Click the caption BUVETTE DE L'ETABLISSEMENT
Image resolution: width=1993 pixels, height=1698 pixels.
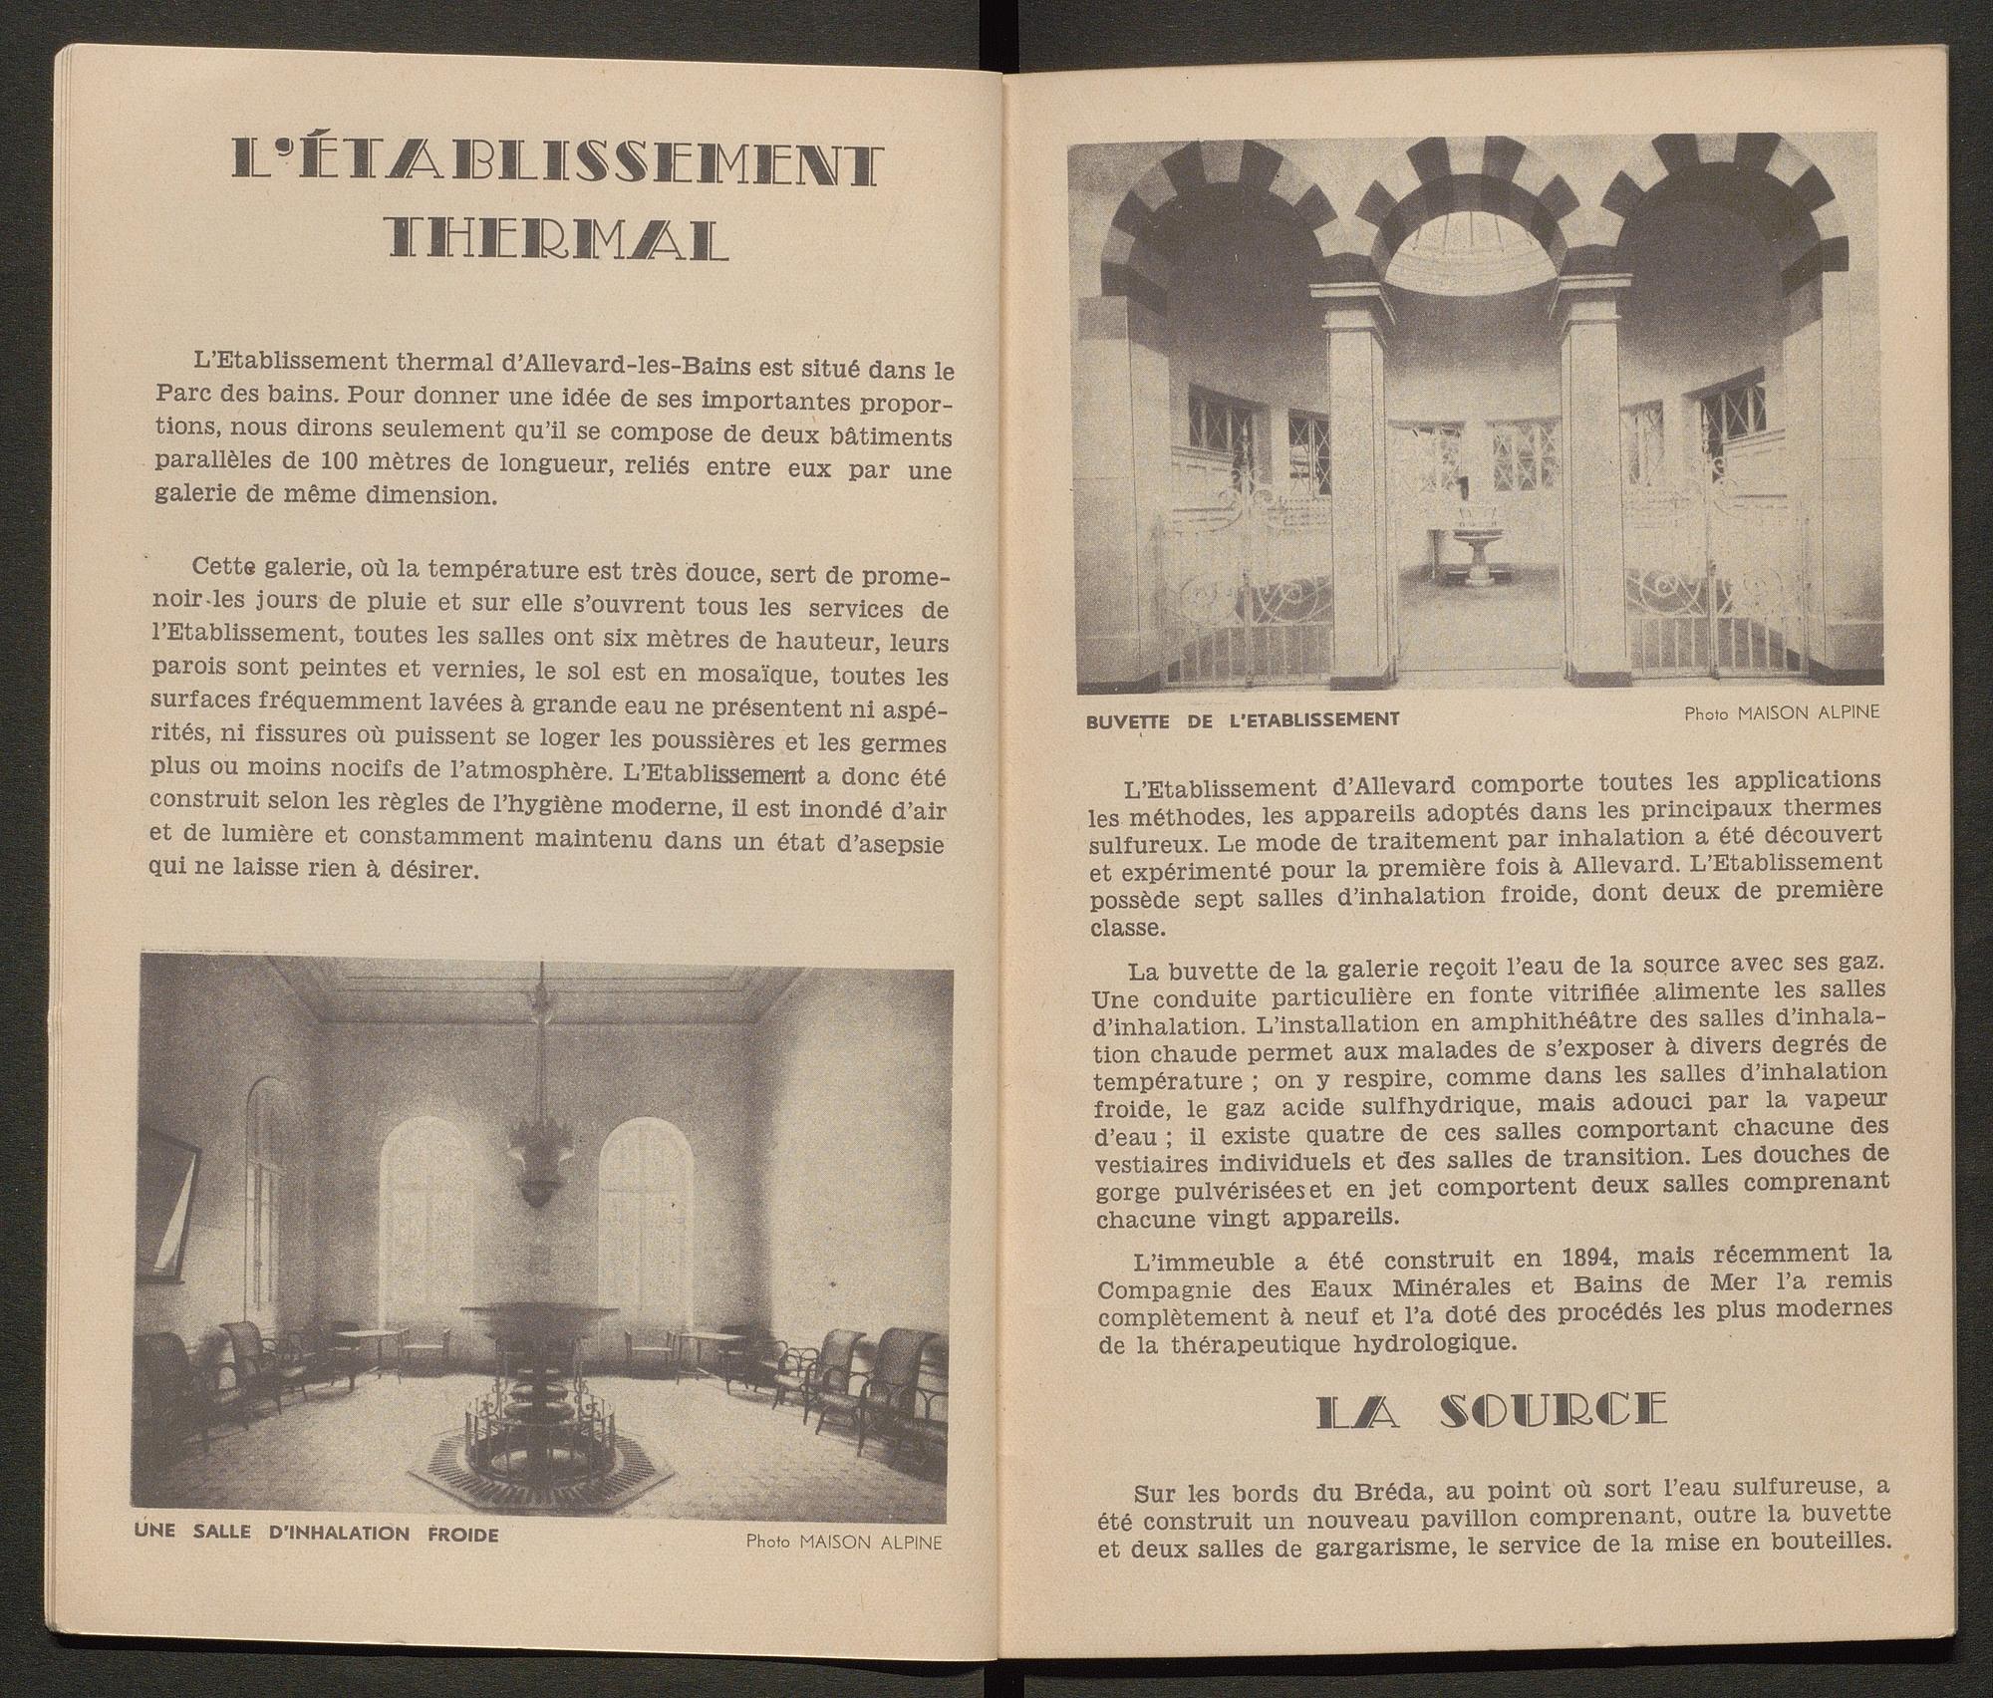click(x=1244, y=718)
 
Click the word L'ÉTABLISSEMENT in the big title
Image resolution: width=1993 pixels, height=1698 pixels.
click(x=558, y=163)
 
